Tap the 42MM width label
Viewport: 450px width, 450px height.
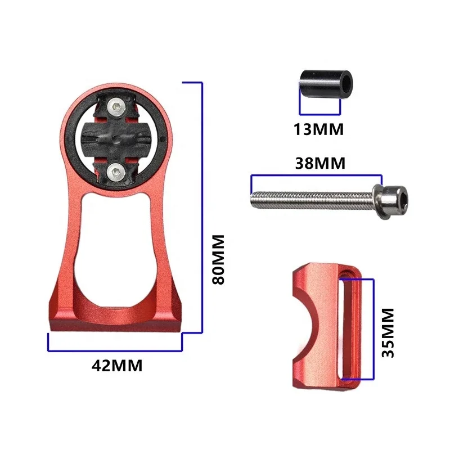[x=117, y=365]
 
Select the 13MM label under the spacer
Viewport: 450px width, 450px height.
[x=318, y=129]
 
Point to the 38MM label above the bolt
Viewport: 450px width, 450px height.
[x=320, y=164]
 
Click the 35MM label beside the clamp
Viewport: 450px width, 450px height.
[x=387, y=333]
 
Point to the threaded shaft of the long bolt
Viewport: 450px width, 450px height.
[x=309, y=197]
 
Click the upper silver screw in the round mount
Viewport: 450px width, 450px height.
[x=115, y=105]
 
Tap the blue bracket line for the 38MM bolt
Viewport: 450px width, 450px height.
[x=317, y=176]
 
